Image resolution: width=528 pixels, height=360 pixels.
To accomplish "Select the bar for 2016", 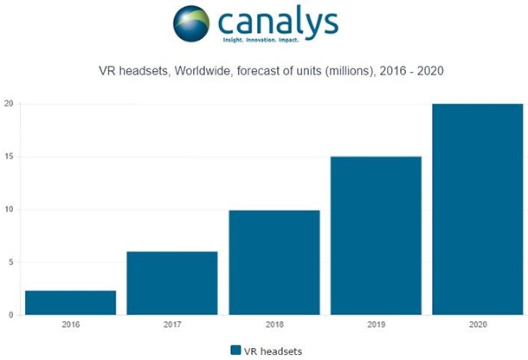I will pyautogui.click(x=71, y=303).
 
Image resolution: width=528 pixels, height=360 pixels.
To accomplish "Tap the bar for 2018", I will pyautogui.click(x=274, y=262).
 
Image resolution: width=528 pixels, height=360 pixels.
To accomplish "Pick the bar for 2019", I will pyautogui.click(x=374, y=235).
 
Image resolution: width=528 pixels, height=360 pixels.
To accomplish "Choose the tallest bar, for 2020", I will pyautogui.click(x=476, y=209).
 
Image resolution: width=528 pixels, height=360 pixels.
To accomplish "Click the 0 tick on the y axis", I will pyautogui.click(x=10, y=315).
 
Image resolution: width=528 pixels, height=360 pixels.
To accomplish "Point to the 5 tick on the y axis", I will pyautogui.click(x=10, y=262).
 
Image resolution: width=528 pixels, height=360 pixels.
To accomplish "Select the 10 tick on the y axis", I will pyautogui.click(x=9, y=209).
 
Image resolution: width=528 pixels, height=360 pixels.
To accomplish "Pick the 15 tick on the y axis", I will pyautogui.click(x=9, y=157).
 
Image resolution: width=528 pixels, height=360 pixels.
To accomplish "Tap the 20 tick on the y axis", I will pyautogui.click(x=9, y=104).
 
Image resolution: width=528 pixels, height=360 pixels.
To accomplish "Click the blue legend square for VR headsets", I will pyautogui.click(x=235, y=350).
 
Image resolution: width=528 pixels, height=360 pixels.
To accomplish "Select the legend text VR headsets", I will pyautogui.click(x=273, y=350).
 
